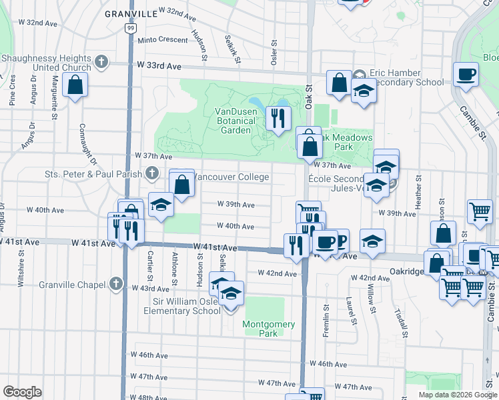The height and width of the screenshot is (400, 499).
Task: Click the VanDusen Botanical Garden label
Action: tap(235, 121)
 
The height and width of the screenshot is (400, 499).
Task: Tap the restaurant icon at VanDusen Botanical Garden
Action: tap(277, 118)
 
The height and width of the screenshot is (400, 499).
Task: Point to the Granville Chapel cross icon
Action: tap(117, 284)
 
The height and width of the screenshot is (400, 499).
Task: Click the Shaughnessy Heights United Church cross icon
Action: tap(101, 63)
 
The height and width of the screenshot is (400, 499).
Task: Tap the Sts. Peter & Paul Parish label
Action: tap(93, 175)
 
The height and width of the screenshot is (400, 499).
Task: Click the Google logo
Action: tap(22, 391)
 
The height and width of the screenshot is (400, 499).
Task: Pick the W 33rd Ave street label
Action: tap(159, 66)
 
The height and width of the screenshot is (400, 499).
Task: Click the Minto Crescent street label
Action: tap(163, 40)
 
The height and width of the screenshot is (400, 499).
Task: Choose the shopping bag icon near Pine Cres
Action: tap(75, 85)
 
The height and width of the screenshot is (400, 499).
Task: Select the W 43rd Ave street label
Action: tap(151, 289)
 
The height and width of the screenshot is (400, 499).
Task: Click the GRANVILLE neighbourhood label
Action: tap(131, 13)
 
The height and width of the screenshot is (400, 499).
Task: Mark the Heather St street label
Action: tap(419, 191)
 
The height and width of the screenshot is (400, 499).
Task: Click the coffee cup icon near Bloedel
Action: tap(466, 74)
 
